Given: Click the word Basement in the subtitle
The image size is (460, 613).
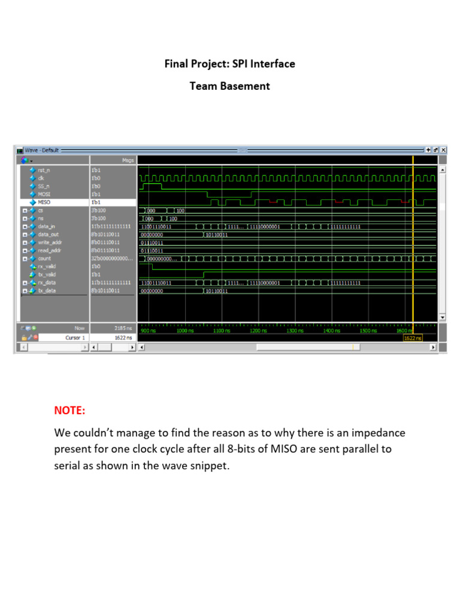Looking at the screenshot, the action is point(246,86).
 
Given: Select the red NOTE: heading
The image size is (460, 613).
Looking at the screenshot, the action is point(70,411).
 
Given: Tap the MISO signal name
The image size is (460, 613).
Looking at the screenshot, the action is point(45,202).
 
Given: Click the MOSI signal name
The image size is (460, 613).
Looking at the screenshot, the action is point(45,194).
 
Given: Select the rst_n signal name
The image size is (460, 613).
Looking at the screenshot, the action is point(44,170).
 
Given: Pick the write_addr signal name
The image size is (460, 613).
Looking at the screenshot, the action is point(50,242).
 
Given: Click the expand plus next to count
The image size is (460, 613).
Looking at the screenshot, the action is point(25,259).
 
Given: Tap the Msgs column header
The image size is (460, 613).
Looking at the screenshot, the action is point(128,160).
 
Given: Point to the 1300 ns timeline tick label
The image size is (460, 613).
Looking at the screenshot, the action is point(295,330).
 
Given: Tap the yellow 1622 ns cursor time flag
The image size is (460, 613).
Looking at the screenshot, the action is point(413,338).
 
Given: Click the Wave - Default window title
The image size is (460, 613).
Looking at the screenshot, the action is point(42,150).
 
